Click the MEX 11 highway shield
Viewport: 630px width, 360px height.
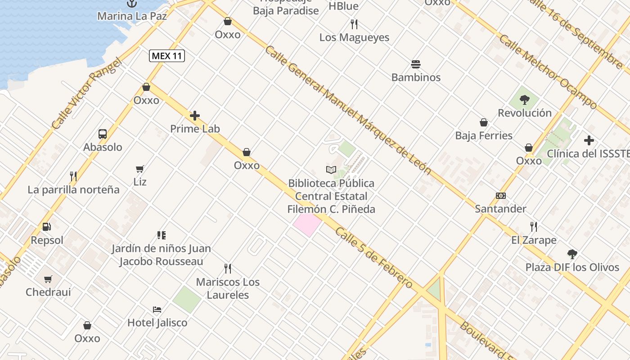pos(167,56)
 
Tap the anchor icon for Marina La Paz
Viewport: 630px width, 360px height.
pos(132,4)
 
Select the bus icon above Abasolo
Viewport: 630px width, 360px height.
pos(103,134)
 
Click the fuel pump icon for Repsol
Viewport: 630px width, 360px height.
pos(47,226)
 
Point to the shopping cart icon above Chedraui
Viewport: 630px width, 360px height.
pos(48,279)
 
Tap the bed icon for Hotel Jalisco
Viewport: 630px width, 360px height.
pos(157,309)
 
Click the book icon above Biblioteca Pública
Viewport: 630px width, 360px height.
pos(331,170)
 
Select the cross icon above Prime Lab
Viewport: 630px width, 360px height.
pos(195,116)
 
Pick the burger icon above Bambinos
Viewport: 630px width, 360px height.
pos(416,64)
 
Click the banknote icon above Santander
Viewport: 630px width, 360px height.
pos(500,195)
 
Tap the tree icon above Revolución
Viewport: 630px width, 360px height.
pos(524,99)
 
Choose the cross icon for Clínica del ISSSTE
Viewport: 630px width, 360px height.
pos(589,140)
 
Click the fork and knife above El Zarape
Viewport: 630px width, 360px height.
pos(534,226)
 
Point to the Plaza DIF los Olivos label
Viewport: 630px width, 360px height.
pos(572,267)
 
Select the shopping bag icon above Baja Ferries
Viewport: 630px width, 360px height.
pos(484,122)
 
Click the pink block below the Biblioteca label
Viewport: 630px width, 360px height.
pos(307,225)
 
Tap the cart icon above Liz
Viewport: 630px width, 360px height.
pos(140,169)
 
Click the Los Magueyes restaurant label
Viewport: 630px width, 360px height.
pos(354,37)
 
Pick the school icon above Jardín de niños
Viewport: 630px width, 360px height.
pos(161,235)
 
